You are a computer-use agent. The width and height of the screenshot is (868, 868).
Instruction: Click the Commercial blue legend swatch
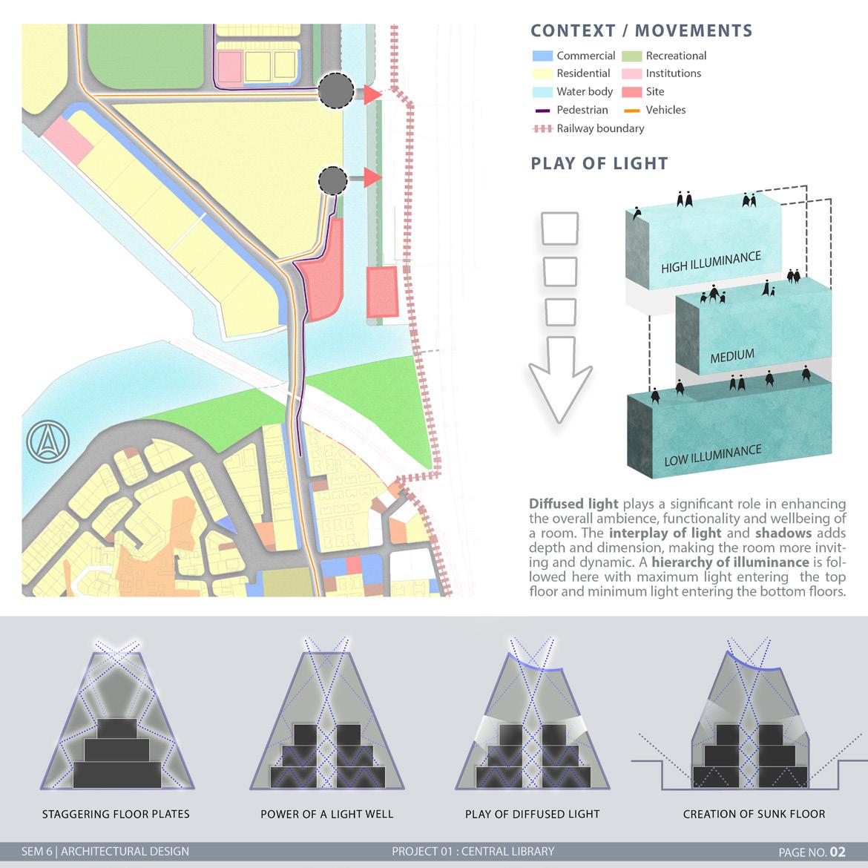pos(542,56)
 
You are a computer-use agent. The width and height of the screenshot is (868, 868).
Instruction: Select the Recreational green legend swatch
pos(631,56)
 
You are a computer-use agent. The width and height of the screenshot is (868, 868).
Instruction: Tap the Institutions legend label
pos(673,73)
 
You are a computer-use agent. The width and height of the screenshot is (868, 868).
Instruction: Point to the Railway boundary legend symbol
pos(542,128)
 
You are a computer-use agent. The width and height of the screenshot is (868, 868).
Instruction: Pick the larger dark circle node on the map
pos(336,91)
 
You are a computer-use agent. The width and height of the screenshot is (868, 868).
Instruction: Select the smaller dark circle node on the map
pos(332,179)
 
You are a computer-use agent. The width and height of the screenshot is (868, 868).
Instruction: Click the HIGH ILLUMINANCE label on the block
pos(711,261)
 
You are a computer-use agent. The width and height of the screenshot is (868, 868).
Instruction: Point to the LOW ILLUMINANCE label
pos(712,455)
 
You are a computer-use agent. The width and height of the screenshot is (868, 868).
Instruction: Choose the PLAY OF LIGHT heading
pos(599,163)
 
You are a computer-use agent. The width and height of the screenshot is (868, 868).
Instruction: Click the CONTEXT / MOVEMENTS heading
pos(641,31)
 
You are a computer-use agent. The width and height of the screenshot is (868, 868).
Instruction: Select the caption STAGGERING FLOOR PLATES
pos(116,814)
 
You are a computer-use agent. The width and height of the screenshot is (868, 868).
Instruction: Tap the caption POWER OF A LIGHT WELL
pos(326,814)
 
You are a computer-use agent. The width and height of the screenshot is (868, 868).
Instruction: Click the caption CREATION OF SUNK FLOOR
pos(754,814)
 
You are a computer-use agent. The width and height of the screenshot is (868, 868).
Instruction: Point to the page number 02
pos(837,852)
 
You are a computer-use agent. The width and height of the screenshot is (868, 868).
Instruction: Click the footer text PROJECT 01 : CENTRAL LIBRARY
pos(473,851)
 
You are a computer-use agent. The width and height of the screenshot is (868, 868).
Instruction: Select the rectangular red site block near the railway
pos(382,293)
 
